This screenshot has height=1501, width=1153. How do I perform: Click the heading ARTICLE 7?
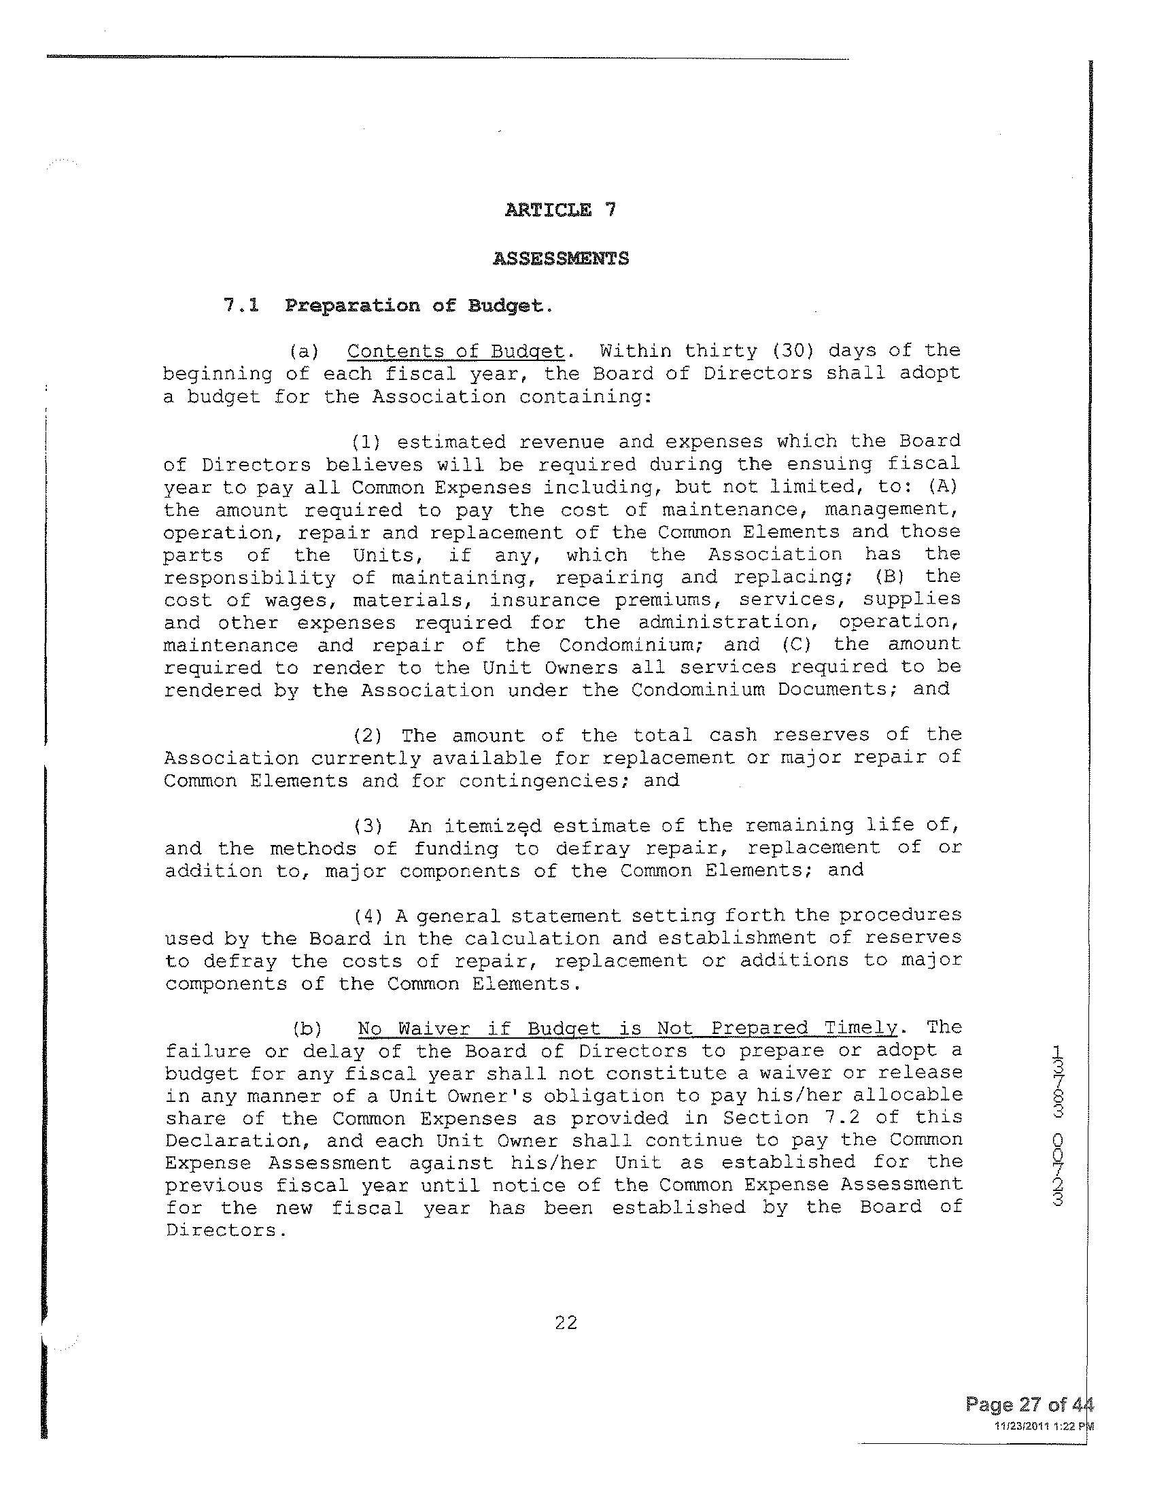pyautogui.click(x=560, y=210)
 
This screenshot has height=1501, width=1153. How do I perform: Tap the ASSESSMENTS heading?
pyautogui.click(x=561, y=259)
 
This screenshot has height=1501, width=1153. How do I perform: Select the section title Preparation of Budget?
pyautogui.click(x=418, y=305)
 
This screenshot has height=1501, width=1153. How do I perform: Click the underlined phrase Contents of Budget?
pyautogui.click(x=455, y=351)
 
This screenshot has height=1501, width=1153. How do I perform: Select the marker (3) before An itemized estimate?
pyautogui.click(x=368, y=827)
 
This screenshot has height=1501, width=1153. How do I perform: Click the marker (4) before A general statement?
pyautogui.click(x=368, y=916)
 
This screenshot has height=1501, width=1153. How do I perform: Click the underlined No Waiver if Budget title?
pyautogui.click(x=627, y=1028)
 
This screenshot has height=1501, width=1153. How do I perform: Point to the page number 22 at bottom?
pyautogui.click(x=566, y=1323)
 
